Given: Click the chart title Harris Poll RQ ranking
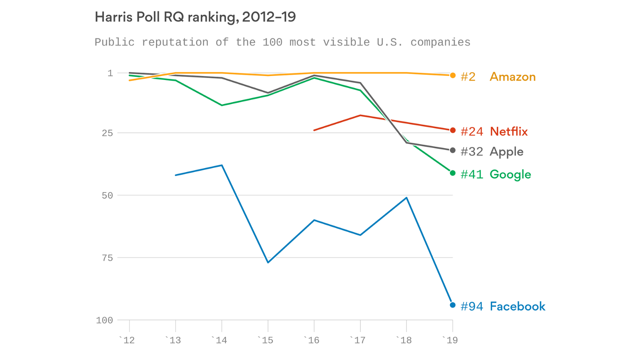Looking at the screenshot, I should [195, 17].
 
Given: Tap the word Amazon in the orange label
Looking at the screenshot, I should [512, 77].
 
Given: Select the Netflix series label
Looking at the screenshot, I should [508, 132].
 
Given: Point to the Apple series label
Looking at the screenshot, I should [506, 152].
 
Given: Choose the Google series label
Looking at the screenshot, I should [510, 174].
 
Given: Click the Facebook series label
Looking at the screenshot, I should [517, 306].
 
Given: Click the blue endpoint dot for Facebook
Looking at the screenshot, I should [452, 305].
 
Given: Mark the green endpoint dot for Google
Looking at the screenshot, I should [452, 173].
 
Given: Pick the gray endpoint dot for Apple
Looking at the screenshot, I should [452, 150].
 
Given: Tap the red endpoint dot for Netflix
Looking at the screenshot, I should [452, 130].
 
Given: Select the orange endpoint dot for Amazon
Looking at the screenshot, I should [452, 75].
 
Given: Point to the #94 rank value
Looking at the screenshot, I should [472, 306].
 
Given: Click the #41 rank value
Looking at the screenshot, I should [472, 174].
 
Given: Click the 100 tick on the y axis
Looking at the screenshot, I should [104, 320].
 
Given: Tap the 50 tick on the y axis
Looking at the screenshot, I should [107, 196].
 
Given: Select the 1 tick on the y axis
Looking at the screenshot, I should [110, 73].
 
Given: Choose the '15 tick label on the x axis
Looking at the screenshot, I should [266, 340].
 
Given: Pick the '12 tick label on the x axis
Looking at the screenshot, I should [127, 340].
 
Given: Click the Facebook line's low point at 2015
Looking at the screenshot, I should [268, 262].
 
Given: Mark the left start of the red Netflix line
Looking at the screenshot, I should [314, 130].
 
